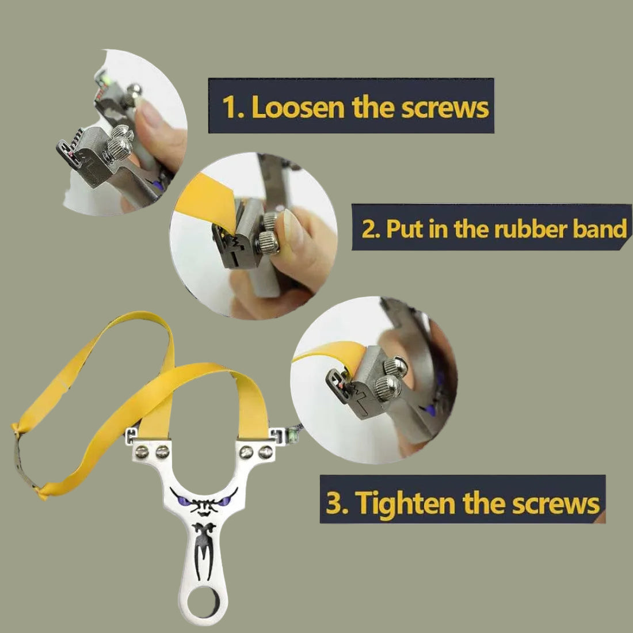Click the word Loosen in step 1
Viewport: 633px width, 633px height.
298,107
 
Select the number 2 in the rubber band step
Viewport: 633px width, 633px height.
368,229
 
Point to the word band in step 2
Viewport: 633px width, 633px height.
599,228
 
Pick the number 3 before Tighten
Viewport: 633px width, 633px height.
334,503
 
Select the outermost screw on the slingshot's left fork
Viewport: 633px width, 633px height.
142,452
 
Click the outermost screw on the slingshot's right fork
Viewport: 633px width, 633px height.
266,452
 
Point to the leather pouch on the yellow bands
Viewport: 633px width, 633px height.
25,460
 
